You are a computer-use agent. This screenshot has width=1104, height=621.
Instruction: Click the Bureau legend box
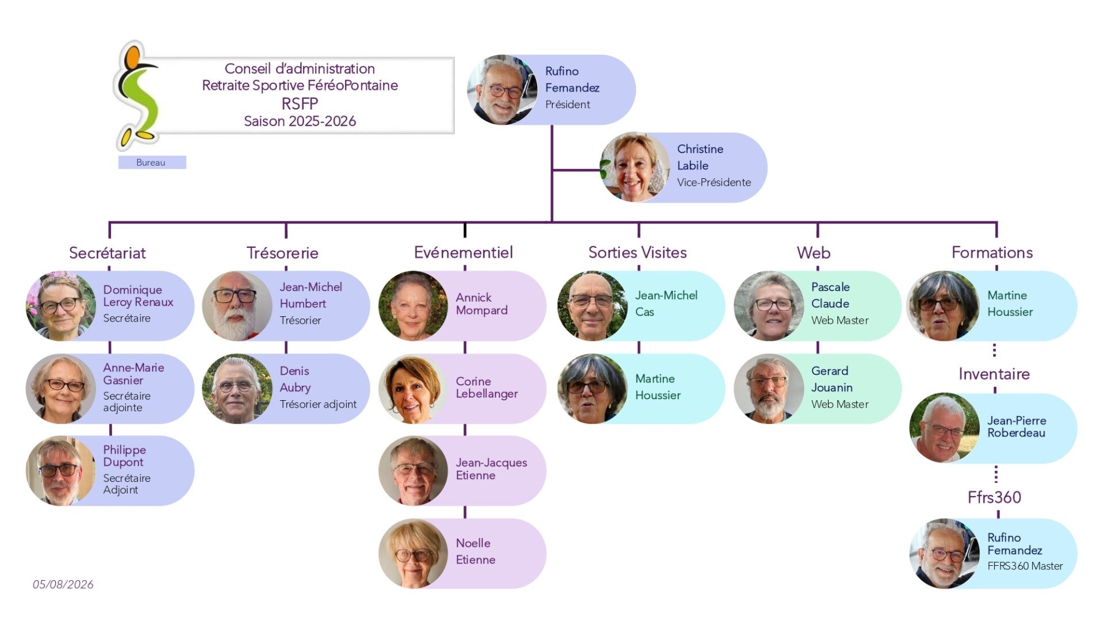(152, 162)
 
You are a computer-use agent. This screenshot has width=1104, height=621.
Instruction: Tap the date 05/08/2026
(63, 584)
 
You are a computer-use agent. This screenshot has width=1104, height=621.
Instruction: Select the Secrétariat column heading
(108, 253)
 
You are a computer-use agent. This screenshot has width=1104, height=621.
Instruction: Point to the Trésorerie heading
(282, 253)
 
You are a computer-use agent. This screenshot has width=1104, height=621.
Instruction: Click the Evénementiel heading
(463, 252)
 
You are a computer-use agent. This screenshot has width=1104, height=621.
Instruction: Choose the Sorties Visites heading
(638, 252)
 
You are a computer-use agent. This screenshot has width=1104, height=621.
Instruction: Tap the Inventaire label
(994, 374)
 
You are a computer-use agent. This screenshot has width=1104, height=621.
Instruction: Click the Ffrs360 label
(994, 497)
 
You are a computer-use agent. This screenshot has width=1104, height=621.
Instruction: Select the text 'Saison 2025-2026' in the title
(300, 121)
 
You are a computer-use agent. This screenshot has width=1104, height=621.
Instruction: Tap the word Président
(568, 105)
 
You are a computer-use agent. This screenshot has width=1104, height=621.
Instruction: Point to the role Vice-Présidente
(714, 182)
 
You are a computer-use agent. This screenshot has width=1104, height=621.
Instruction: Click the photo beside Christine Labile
(634, 167)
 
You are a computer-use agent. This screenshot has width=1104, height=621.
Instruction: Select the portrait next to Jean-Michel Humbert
(236, 306)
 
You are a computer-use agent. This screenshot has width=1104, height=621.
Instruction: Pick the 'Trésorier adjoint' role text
(318, 404)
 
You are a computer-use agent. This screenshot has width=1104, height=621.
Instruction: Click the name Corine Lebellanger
(487, 388)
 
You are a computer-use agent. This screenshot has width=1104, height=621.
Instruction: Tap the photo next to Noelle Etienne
(413, 554)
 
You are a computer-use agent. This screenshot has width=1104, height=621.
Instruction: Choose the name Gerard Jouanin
(832, 379)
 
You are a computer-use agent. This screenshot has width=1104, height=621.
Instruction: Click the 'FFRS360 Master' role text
(1025, 566)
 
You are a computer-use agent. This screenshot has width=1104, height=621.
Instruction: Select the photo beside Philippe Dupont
(60, 471)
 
